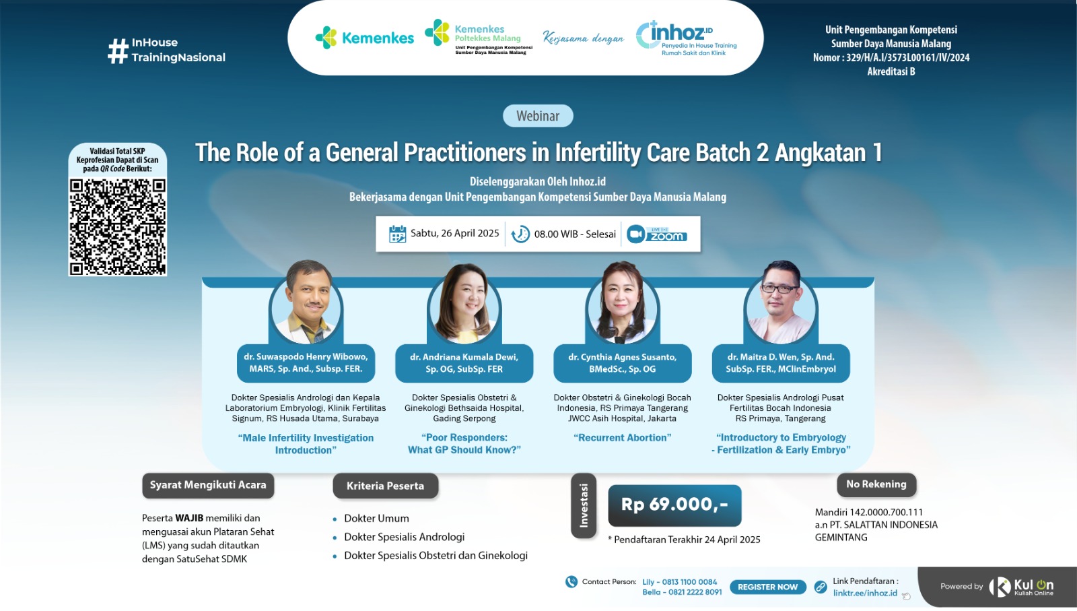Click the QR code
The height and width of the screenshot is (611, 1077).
[118, 226]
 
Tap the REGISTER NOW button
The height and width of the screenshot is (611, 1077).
[767, 587]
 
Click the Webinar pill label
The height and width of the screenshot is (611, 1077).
[538, 116]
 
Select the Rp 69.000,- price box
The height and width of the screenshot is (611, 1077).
[674, 505]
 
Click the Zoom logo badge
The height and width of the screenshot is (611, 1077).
[657, 234]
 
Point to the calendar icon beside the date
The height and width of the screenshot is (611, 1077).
[397, 234]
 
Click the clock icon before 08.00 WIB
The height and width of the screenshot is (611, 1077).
[520, 234]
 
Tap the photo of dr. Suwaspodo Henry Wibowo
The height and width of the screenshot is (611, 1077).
[306, 303]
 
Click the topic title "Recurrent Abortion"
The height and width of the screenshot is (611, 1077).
[622, 438]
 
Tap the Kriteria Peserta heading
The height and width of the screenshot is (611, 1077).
[385, 486]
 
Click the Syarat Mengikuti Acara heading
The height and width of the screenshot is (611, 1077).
[208, 485]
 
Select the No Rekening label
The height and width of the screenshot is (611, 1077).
[876, 484]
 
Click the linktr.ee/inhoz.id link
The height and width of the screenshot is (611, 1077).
[865, 593]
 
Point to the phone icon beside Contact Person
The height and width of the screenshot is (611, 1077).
[571, 582]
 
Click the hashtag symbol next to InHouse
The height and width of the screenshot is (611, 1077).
[118, 51]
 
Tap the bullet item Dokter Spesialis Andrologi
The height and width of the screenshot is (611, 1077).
[404, 537]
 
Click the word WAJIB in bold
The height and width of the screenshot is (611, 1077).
[189, 518]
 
